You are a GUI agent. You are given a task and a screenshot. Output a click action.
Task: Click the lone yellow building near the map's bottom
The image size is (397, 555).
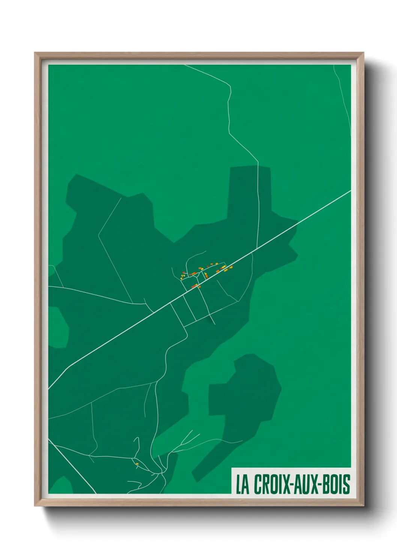(x=137, y=464)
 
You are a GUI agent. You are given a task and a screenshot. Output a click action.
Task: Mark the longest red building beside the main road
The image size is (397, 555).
(x=194, y=286)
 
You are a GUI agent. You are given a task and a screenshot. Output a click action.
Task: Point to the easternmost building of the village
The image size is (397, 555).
(x=231, y=267)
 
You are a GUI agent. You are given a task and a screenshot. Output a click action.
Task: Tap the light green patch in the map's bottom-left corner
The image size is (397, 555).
(x=60, y=486)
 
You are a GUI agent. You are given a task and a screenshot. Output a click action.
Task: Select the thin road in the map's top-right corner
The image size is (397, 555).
(x=343, y=94)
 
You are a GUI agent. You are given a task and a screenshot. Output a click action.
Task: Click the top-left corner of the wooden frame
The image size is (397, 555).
(x=35, y=53)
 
